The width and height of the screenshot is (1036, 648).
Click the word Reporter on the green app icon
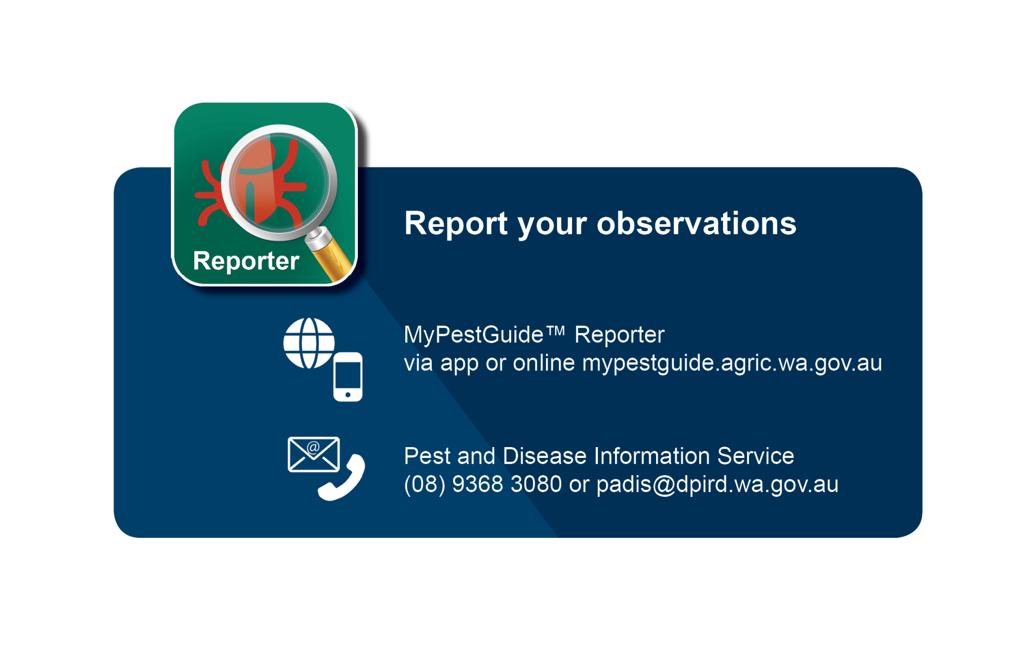click(x=246, y=261)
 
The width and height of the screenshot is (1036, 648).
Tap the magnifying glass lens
click(x=279, y=182)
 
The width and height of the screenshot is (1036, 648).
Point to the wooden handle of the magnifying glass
click(x=333, y=259)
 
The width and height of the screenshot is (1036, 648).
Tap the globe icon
click(x=309, y=343)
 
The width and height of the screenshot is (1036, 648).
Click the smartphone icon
click(x=348, y=376)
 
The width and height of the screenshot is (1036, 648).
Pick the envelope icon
click(x=313, y=454)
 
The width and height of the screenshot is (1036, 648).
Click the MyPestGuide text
click(x=473, y=335)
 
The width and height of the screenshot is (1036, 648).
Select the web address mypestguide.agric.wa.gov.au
click(x=732, y=363)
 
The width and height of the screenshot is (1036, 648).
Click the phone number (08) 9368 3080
click(x=483, y=484)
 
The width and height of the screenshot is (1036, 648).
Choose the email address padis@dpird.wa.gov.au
click(x=717, y=485)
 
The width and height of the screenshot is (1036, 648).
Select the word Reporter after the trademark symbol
click(x=619, y=335)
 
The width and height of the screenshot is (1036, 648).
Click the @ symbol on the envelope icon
click(x=313, y=447)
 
